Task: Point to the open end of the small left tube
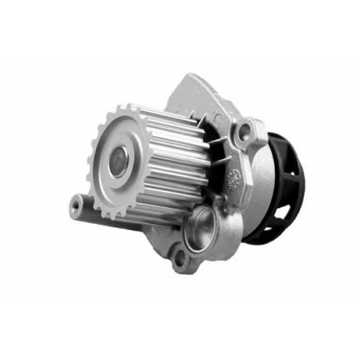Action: click(x=76, y=206)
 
